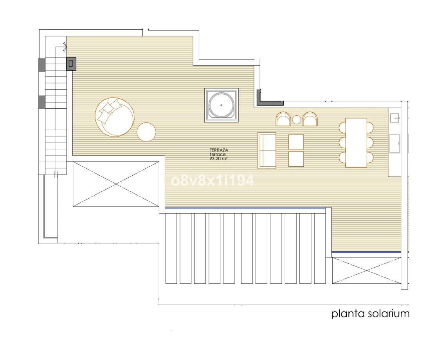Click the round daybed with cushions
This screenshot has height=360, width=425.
(x=114, y=117)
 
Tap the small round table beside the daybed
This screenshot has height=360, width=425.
(x=147, y=132)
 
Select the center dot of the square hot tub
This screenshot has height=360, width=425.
(x=222, y=105)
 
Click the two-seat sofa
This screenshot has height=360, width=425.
(x=267, y=151)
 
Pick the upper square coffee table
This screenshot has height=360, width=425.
(x=296, y=142)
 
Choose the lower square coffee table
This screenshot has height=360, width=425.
(x=296, y=159)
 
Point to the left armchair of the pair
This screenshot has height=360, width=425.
(x=283, y=119)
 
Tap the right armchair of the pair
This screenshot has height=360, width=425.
(x=310, y=119)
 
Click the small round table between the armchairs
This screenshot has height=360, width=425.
(x=297, y=120)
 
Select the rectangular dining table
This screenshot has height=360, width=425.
(x=356, y=142)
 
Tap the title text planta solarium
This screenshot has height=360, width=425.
(x=370, y=313)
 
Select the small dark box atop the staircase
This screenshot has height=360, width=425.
(x=71, y=63)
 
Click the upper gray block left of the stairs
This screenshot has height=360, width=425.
(x=41, y=65)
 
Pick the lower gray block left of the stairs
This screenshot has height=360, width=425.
(x=41, y=102)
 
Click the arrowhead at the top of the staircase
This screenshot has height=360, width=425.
(x=64, y=47)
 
